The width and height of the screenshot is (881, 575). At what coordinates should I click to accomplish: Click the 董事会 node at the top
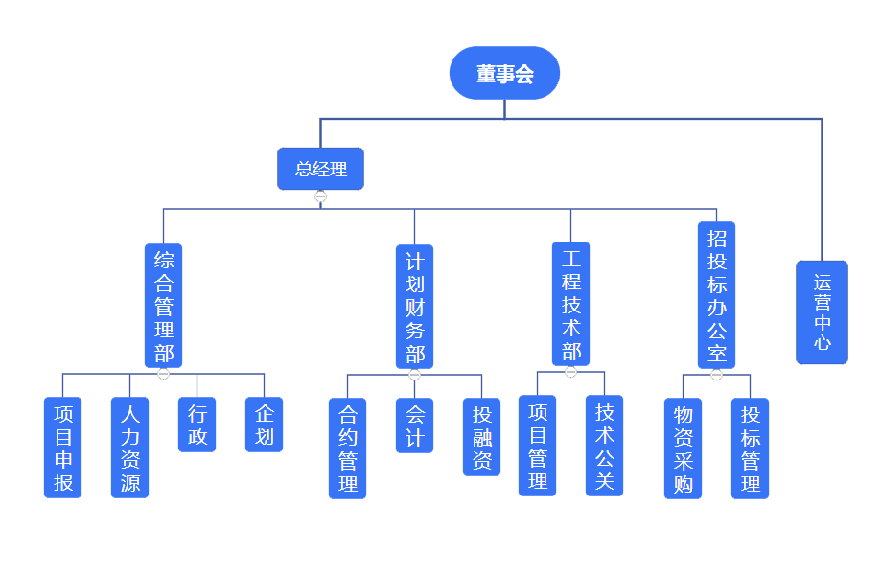(x=504, y=73)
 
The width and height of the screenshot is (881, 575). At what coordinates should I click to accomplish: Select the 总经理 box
(x=320, y=169)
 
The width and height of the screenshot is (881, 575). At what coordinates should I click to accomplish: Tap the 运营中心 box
(x=822, y=312)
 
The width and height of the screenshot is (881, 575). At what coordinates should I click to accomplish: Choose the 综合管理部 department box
(x=164, y=306)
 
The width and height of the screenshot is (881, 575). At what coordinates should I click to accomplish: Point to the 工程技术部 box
(x=570, y=304)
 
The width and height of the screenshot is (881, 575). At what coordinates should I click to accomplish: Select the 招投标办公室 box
(x=716, y=296)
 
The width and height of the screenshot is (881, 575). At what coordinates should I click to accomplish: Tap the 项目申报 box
(x=63, y=448)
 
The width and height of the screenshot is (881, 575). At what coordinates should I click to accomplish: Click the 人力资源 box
(x=130, y=448)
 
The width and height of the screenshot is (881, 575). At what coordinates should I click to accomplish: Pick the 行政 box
(x=197, y=425)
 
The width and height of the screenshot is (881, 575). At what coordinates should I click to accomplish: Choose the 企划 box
(x=265, y=425)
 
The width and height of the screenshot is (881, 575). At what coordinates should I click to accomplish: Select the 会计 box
(x=414, y=425)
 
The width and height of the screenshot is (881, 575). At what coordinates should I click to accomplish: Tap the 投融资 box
(x=481, y=437)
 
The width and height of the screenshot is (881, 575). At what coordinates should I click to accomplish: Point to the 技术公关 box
(x=604, y=446)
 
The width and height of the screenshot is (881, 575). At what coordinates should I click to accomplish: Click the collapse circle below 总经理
(x=320, y=196)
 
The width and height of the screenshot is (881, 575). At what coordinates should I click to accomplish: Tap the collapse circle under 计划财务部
(x=414, y=375)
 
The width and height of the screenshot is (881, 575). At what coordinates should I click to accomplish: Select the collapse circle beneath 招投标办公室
(x=716, y=375)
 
